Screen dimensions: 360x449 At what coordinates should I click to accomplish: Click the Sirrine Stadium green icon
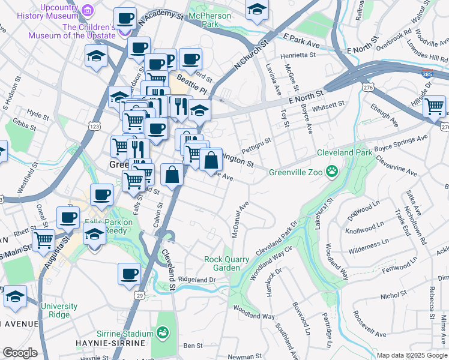point(162,333)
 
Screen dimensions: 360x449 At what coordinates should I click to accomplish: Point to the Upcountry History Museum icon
point(88,11)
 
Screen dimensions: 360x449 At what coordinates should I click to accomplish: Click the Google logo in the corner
point(19,353)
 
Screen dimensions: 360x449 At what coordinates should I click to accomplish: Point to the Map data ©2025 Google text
point(411,355)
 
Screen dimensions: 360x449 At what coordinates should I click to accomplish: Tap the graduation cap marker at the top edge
point(257,10)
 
